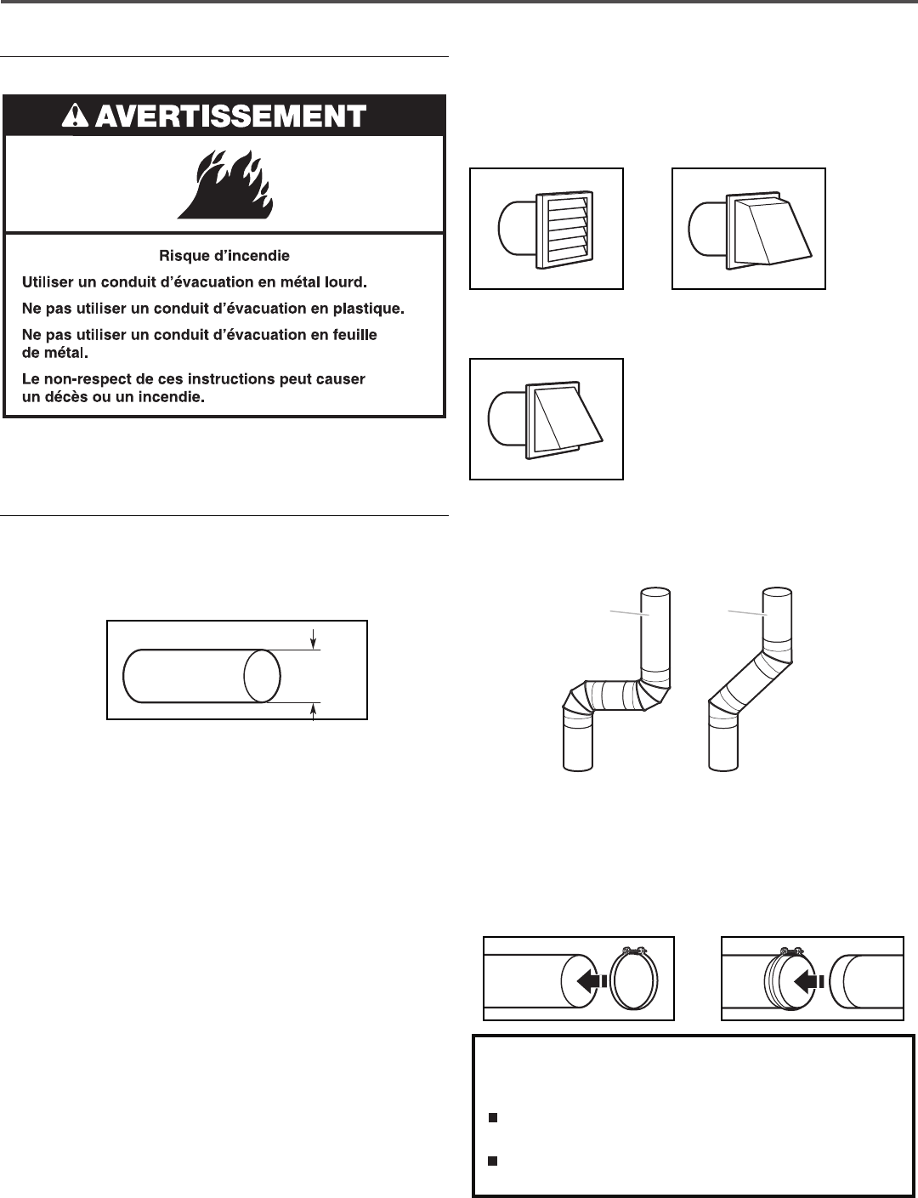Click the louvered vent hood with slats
[x=564, y=230]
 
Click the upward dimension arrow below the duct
[x=314, y=712]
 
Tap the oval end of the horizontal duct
[x=261, y=676]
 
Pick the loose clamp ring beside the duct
[x=634, y=979]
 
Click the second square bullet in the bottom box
[x=492, y=1161]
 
